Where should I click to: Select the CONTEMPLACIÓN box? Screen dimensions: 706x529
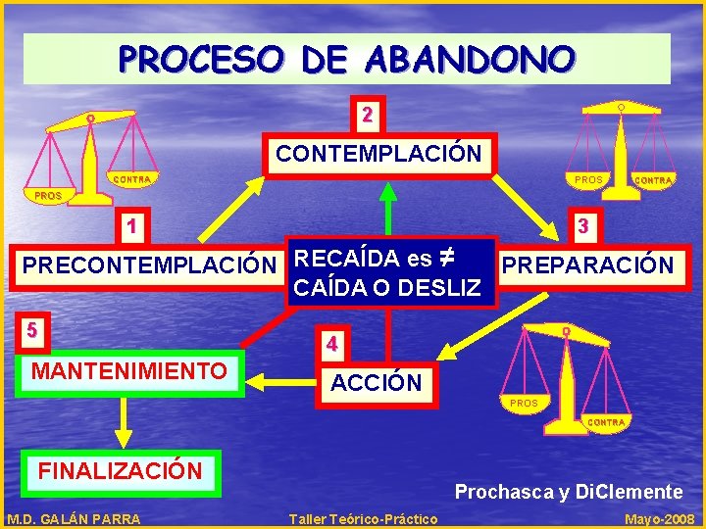point(378,154)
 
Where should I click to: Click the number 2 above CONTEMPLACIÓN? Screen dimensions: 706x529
point(367,114)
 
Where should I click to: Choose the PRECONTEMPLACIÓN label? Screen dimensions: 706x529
point(149,265)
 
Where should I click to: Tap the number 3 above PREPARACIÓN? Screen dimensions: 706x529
point(582,226)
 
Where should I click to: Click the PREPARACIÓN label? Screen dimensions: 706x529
point(587,265)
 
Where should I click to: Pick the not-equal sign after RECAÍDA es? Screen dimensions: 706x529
point(446,258)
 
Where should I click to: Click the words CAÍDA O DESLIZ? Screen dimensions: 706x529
point(387,288)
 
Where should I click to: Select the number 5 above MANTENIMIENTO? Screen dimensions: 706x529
point(33,329)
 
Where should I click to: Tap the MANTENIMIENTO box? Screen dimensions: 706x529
point(128,371)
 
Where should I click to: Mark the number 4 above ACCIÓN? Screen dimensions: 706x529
point(333,344)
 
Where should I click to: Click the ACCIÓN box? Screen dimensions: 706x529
point(376,383)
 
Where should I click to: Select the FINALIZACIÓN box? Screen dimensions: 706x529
point(120,471)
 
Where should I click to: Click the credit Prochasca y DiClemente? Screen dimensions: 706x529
point(568,492)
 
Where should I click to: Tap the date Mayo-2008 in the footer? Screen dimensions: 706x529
point(659,519)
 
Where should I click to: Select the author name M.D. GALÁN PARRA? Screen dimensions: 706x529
point(74,519)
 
